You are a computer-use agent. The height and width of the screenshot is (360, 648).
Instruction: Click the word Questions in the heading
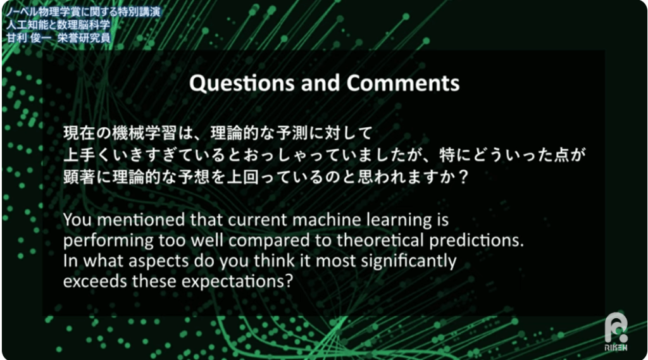click(242, 84)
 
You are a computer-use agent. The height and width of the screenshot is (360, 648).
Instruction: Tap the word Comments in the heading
click(403, 83)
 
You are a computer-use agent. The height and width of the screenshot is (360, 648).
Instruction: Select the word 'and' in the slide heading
click(320, 83)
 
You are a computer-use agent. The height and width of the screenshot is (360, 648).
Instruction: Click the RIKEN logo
click(616, 332)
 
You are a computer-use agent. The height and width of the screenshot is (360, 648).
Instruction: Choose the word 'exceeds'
click(95, 282)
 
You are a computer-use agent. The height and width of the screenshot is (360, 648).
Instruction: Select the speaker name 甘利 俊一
click(28, 38)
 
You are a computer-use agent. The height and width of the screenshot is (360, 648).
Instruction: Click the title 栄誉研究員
click(84, 38)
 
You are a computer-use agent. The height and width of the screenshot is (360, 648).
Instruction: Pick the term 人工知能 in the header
click(27, 25)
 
